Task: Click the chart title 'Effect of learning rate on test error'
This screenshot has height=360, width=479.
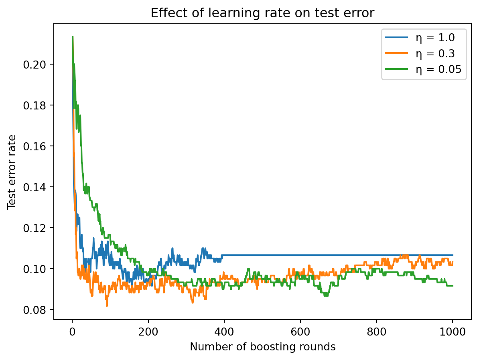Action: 262,13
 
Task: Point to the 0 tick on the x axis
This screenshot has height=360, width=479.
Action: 72,332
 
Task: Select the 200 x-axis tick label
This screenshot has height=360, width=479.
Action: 148,332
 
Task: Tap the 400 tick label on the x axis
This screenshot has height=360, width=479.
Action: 224,332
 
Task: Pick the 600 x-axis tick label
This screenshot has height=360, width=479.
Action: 300,332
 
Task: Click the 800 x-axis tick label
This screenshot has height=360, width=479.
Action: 376,332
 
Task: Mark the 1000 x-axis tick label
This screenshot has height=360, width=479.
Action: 453,332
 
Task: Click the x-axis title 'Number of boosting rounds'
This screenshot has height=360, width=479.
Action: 262,347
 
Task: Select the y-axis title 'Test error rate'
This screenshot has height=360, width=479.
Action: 12,172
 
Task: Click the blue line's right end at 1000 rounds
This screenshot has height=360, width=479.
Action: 453,255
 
